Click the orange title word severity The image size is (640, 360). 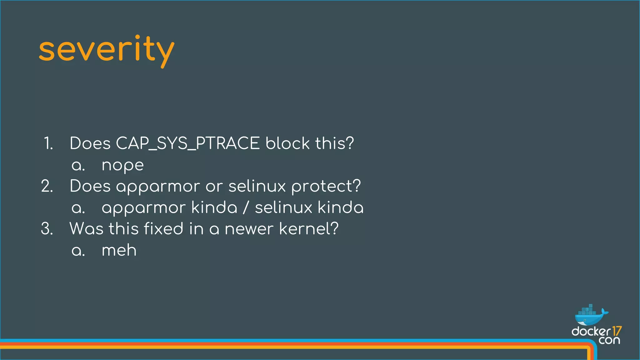[x=106, y=50]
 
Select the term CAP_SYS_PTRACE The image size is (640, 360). [x=187, y=143]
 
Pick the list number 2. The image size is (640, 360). [x=47, y=186]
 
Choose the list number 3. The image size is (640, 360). [x=47, y=229]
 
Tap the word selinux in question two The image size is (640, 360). [x=257, y=186]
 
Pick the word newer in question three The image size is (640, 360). [x=249, y=229]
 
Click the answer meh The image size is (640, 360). [x=119, y=250]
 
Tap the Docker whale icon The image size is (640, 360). [x=590, y=316]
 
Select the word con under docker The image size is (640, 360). [x=609, y=340]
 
